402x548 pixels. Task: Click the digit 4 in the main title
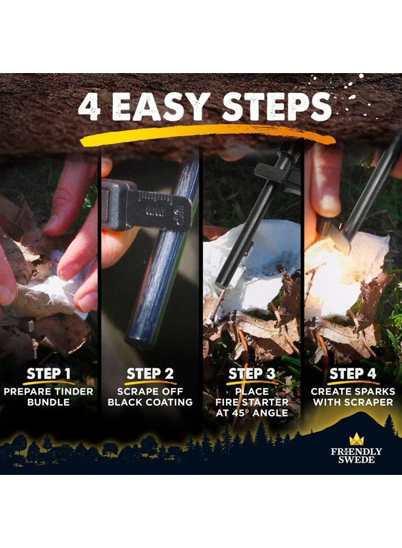90,107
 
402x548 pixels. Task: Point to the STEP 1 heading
49,374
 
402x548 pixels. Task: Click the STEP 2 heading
150,374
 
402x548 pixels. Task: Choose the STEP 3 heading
252,374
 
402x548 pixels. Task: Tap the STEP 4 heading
353,374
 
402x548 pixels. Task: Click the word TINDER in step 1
72,392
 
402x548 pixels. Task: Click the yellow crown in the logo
356,439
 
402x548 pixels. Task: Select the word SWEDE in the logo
356,460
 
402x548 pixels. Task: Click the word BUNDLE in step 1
48,402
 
